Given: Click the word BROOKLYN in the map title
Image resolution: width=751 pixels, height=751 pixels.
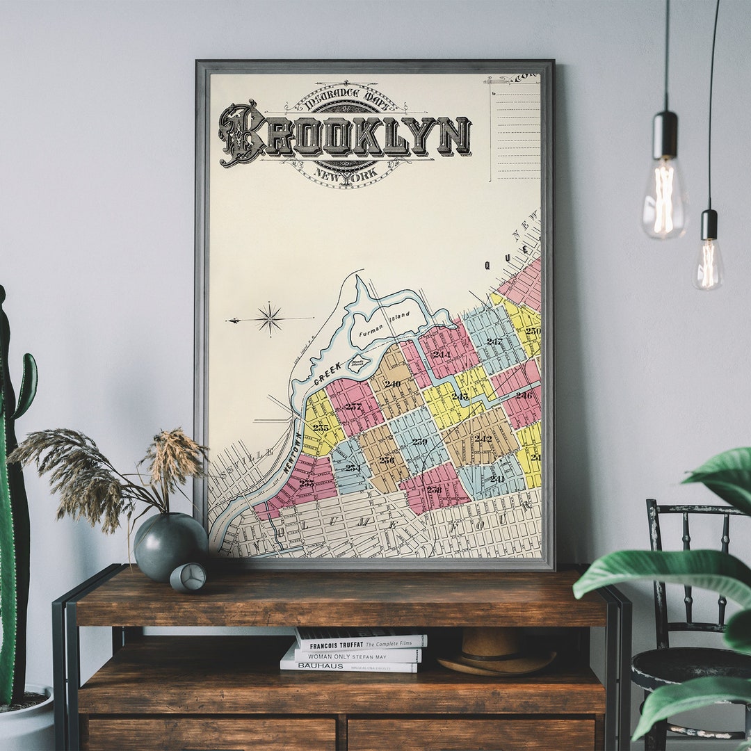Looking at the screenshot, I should tap(346, 135).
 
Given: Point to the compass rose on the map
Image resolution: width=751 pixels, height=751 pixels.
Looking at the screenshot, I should tap(269, 318).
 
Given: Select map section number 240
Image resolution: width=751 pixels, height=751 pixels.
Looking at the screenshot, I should tap(392, 383).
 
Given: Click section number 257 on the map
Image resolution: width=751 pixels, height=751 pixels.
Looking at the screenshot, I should tap(353, 406).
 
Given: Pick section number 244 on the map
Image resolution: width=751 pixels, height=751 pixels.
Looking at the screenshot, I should tap(441, 354).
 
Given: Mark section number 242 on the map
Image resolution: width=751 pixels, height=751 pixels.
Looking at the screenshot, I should tap(483, 438).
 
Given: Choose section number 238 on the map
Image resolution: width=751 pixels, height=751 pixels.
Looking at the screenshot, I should tap(434, 489).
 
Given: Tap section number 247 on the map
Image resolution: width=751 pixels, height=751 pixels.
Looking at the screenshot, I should tap(494, 341).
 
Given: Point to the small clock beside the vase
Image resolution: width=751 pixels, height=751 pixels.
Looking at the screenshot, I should tap(188, 577).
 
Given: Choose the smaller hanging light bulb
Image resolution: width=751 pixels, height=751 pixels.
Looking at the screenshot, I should tap(708, 263).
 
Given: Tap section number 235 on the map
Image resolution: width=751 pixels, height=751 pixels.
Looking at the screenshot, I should tap(320, 428).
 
